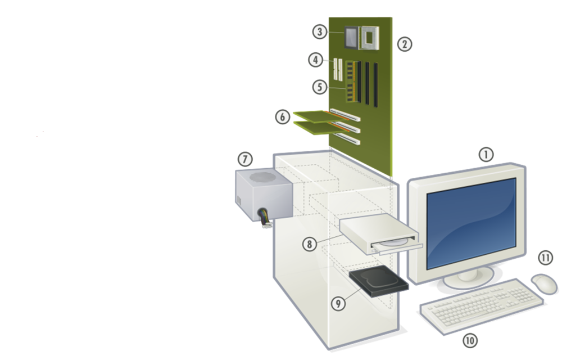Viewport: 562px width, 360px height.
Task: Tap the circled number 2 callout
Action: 404,44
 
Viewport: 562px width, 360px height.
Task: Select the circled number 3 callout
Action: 320,31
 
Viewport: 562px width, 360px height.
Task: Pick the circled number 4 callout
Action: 315,59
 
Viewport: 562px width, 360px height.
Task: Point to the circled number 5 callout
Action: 320,87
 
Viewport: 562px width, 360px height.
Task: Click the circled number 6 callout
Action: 283,116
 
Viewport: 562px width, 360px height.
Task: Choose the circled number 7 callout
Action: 245,159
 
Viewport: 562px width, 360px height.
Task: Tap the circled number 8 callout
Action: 309,244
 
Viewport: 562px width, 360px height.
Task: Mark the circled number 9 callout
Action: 338,303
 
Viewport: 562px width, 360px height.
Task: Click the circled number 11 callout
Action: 546,258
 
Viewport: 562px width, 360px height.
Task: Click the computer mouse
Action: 544,283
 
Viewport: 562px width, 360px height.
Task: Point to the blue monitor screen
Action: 471,223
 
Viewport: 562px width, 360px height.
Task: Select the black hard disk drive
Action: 378,281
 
